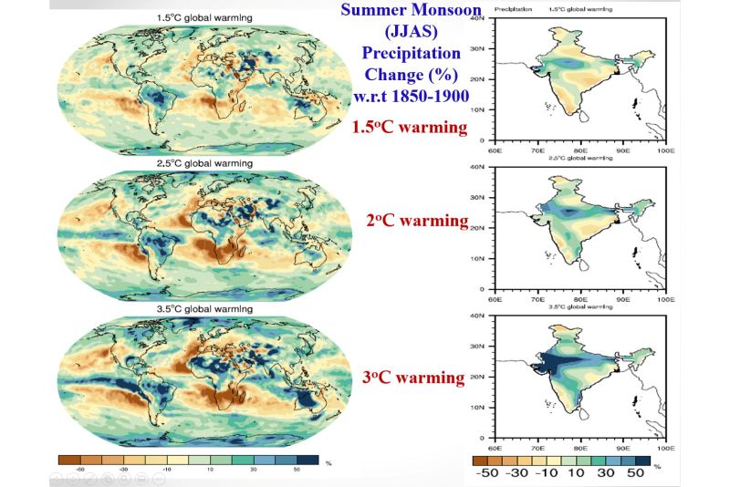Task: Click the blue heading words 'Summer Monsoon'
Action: (408, 13)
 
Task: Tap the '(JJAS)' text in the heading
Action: (409, 33)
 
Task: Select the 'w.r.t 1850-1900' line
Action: (408, 96)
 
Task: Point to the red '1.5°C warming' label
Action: (410, 127)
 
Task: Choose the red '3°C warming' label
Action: (414, 377)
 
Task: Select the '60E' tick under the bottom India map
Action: (495, 449)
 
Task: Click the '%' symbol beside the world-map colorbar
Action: (328, 464)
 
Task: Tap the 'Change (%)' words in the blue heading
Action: (408, 75)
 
